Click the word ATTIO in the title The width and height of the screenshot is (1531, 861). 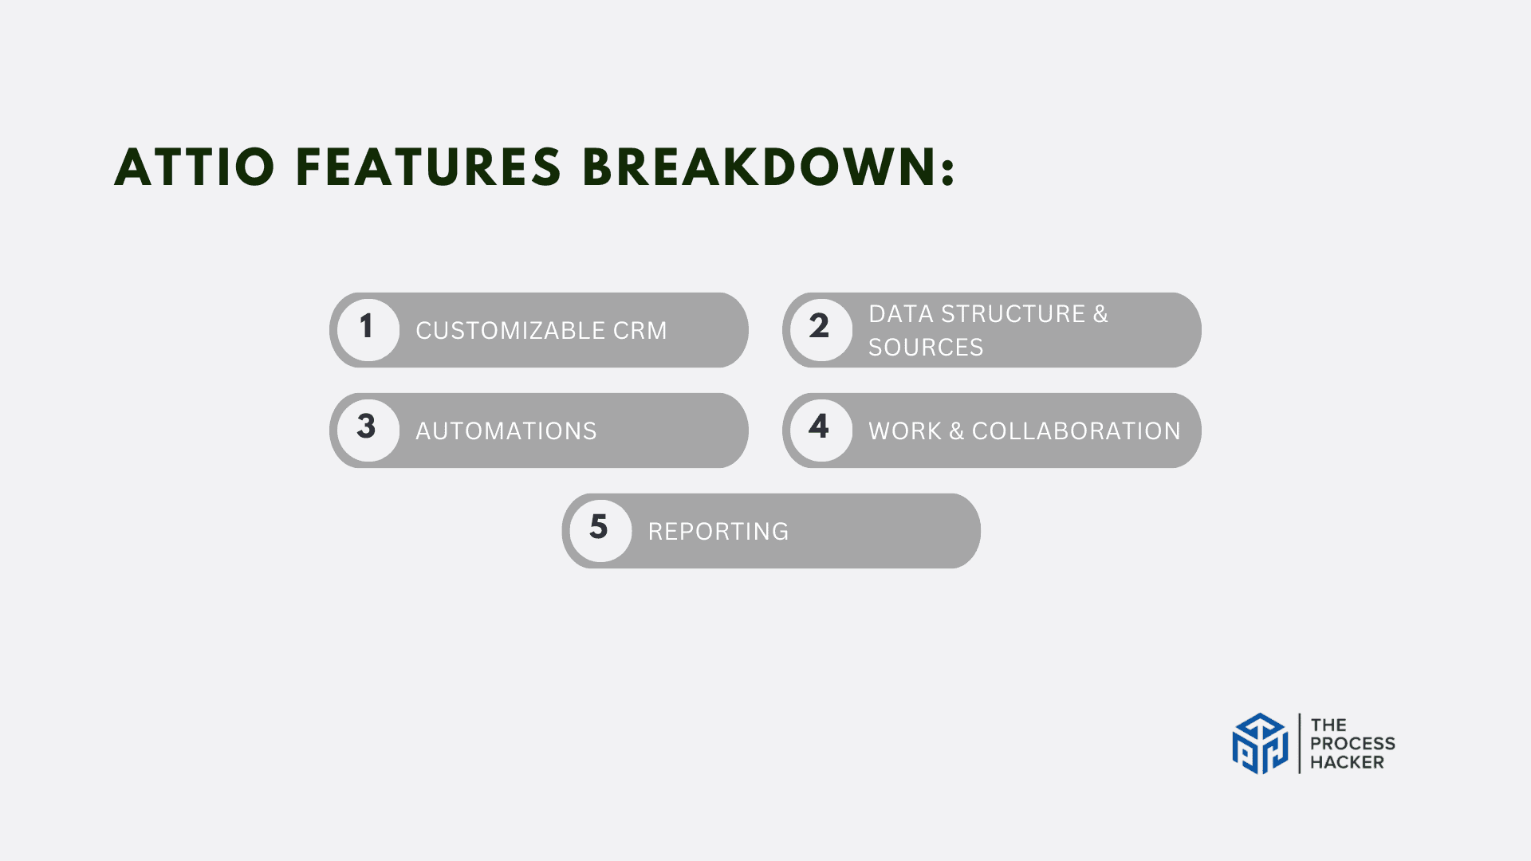point(195,167)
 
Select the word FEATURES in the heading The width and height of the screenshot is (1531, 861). point(429,167)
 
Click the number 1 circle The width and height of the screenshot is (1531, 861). point(368,330)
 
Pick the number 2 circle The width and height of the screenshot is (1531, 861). point(821,330)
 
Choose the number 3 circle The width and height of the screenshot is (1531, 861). point(368,431)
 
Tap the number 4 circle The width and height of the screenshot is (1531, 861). point(821,431)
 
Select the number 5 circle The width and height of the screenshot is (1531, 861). point(600,531)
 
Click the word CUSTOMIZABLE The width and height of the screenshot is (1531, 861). point(510,330)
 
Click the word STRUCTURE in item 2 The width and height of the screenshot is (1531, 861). point(1013,314)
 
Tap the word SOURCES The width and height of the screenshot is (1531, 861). point(926,348)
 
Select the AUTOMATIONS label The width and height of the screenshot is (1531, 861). point(506,431)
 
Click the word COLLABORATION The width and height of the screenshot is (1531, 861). point(1076,431)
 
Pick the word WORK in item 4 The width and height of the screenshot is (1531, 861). point(905,431)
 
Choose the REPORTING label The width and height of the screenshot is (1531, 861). point(718,532)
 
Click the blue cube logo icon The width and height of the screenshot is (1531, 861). point(1260,744)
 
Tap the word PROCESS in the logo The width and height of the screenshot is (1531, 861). point(1352,744)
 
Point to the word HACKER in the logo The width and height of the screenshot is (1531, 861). point(1347,762)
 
